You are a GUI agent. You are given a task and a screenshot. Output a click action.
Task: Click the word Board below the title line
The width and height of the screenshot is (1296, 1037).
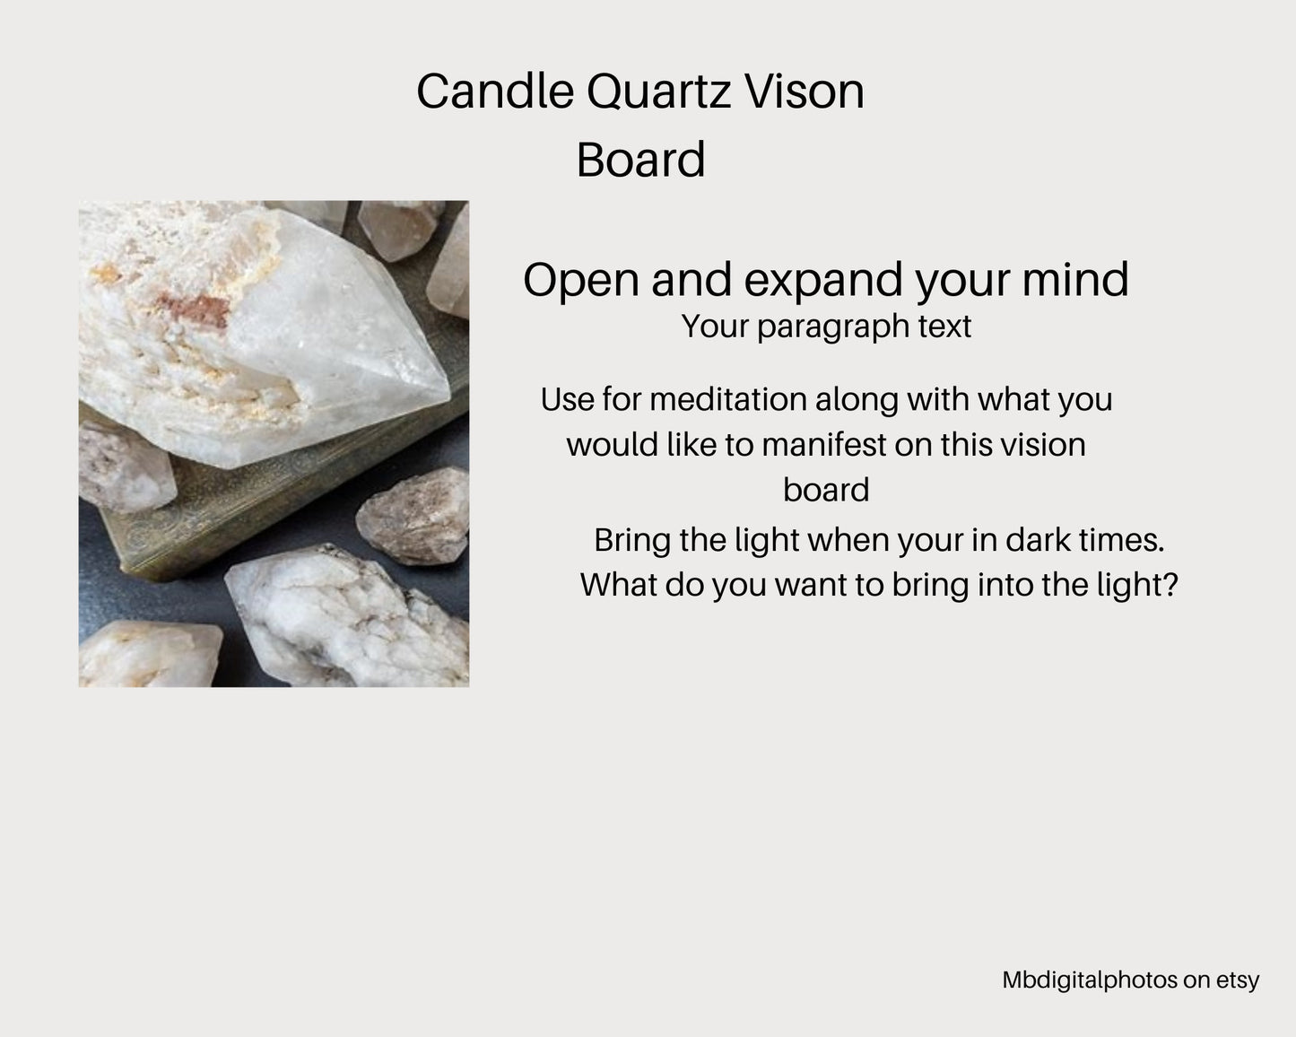pyautogui.click(x=640, y=161)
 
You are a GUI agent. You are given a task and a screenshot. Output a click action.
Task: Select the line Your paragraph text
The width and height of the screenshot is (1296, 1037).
pyautogui.click(x=825, y=327)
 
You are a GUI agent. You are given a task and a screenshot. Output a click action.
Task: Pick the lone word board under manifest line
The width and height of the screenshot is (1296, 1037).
pyautogui.click(x=825, y=491)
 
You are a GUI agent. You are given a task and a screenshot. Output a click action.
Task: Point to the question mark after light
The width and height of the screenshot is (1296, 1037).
pyautogui.click(x=1169, y=585)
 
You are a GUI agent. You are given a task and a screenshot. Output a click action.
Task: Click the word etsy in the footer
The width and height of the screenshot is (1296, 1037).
pyautogui.click(x=1238, y=981)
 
